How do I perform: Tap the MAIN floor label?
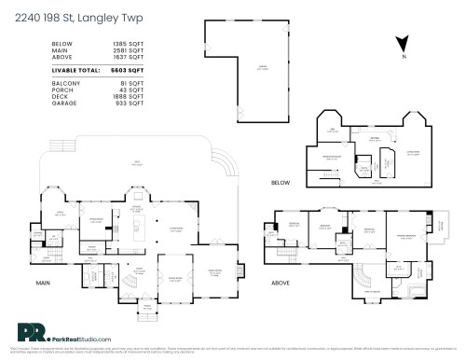(42, 283)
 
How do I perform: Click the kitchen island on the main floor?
(139, 223)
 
